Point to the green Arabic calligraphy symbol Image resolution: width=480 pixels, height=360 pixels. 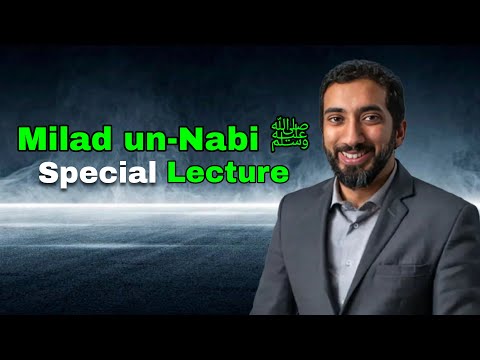tap(289, 134)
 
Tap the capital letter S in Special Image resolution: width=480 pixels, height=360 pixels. tap(47, 173)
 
